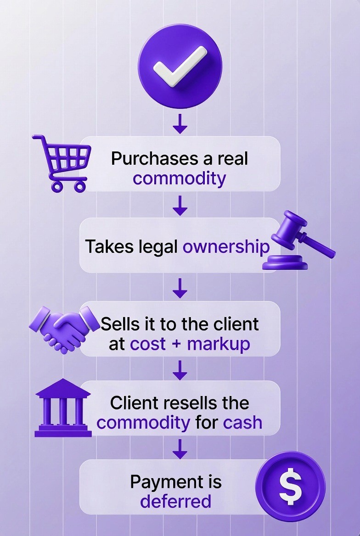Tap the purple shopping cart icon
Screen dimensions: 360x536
click(60, 162)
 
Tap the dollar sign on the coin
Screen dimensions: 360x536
click(290, 486)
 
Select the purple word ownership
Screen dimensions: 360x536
click(226, 246)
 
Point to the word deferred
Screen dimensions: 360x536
click(175, 501)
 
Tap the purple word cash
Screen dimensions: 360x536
click(242, 422)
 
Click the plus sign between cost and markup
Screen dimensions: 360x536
click(176, 344)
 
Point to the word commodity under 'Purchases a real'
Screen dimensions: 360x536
click(179, 178)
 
